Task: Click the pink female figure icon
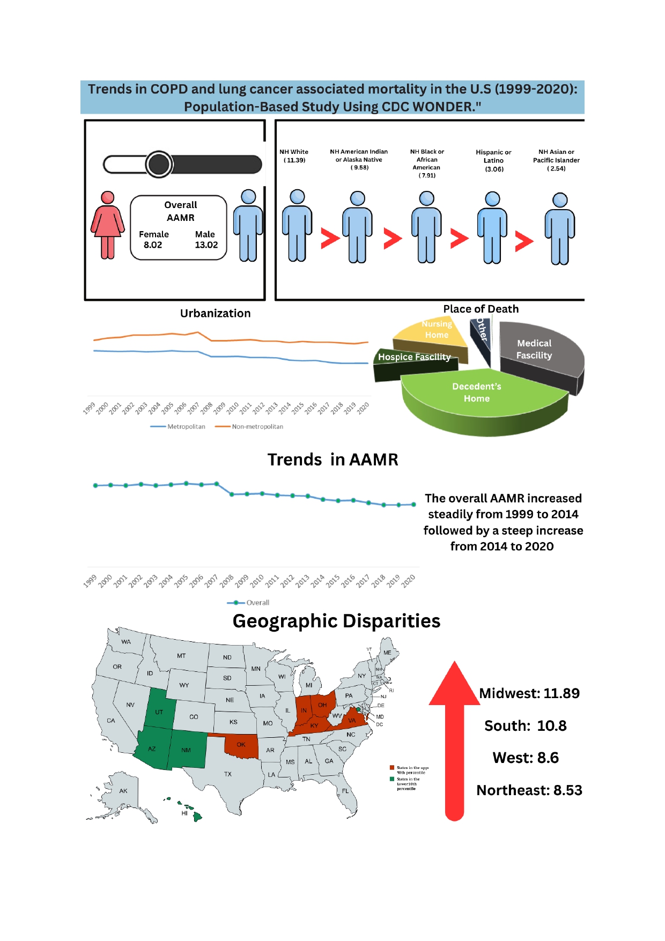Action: coord(108,225)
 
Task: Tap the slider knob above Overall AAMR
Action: coord(159,164)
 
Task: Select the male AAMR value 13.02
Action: coord(206,245)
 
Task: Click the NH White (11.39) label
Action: coord(294,156)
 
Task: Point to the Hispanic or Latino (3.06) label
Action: coord(493,160)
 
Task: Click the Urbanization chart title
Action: coord(215,313)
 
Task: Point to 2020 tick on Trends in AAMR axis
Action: coord(409,581)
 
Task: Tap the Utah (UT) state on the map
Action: coord(159,710)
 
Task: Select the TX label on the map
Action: coord(228,774)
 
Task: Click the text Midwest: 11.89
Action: coord(529,693)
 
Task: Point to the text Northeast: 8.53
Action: coord(529,790)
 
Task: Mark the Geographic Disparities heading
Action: coord(336,621)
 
